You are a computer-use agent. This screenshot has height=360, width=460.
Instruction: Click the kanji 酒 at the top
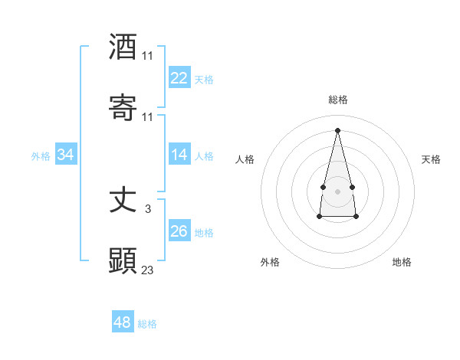123,47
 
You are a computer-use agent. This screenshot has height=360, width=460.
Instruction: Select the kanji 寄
123,109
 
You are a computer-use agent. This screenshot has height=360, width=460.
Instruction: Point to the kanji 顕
123,261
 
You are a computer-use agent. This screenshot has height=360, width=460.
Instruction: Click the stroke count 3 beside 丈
147,208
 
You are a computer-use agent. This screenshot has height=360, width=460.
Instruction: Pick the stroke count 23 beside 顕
147,270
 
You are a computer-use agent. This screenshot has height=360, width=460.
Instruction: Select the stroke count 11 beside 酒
147,55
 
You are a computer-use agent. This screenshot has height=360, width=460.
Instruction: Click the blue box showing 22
179,78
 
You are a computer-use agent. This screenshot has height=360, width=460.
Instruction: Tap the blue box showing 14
179,155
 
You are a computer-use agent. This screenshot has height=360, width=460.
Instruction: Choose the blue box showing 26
179,231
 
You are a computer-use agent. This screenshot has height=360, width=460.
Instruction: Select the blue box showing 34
66,155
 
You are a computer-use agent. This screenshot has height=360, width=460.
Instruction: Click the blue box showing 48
123,322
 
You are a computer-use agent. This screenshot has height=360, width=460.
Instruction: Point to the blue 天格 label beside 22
204,79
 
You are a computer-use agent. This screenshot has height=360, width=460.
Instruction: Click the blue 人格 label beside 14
204,155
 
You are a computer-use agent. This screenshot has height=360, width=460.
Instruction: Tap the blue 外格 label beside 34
41,155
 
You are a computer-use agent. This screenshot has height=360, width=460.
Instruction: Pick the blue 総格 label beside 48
147,324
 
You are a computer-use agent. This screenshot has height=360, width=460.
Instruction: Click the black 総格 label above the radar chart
337,100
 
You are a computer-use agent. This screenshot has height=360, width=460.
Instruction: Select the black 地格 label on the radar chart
402,262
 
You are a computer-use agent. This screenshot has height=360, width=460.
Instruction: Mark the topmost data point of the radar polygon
337,129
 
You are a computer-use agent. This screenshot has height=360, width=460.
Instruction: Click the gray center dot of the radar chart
337,191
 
